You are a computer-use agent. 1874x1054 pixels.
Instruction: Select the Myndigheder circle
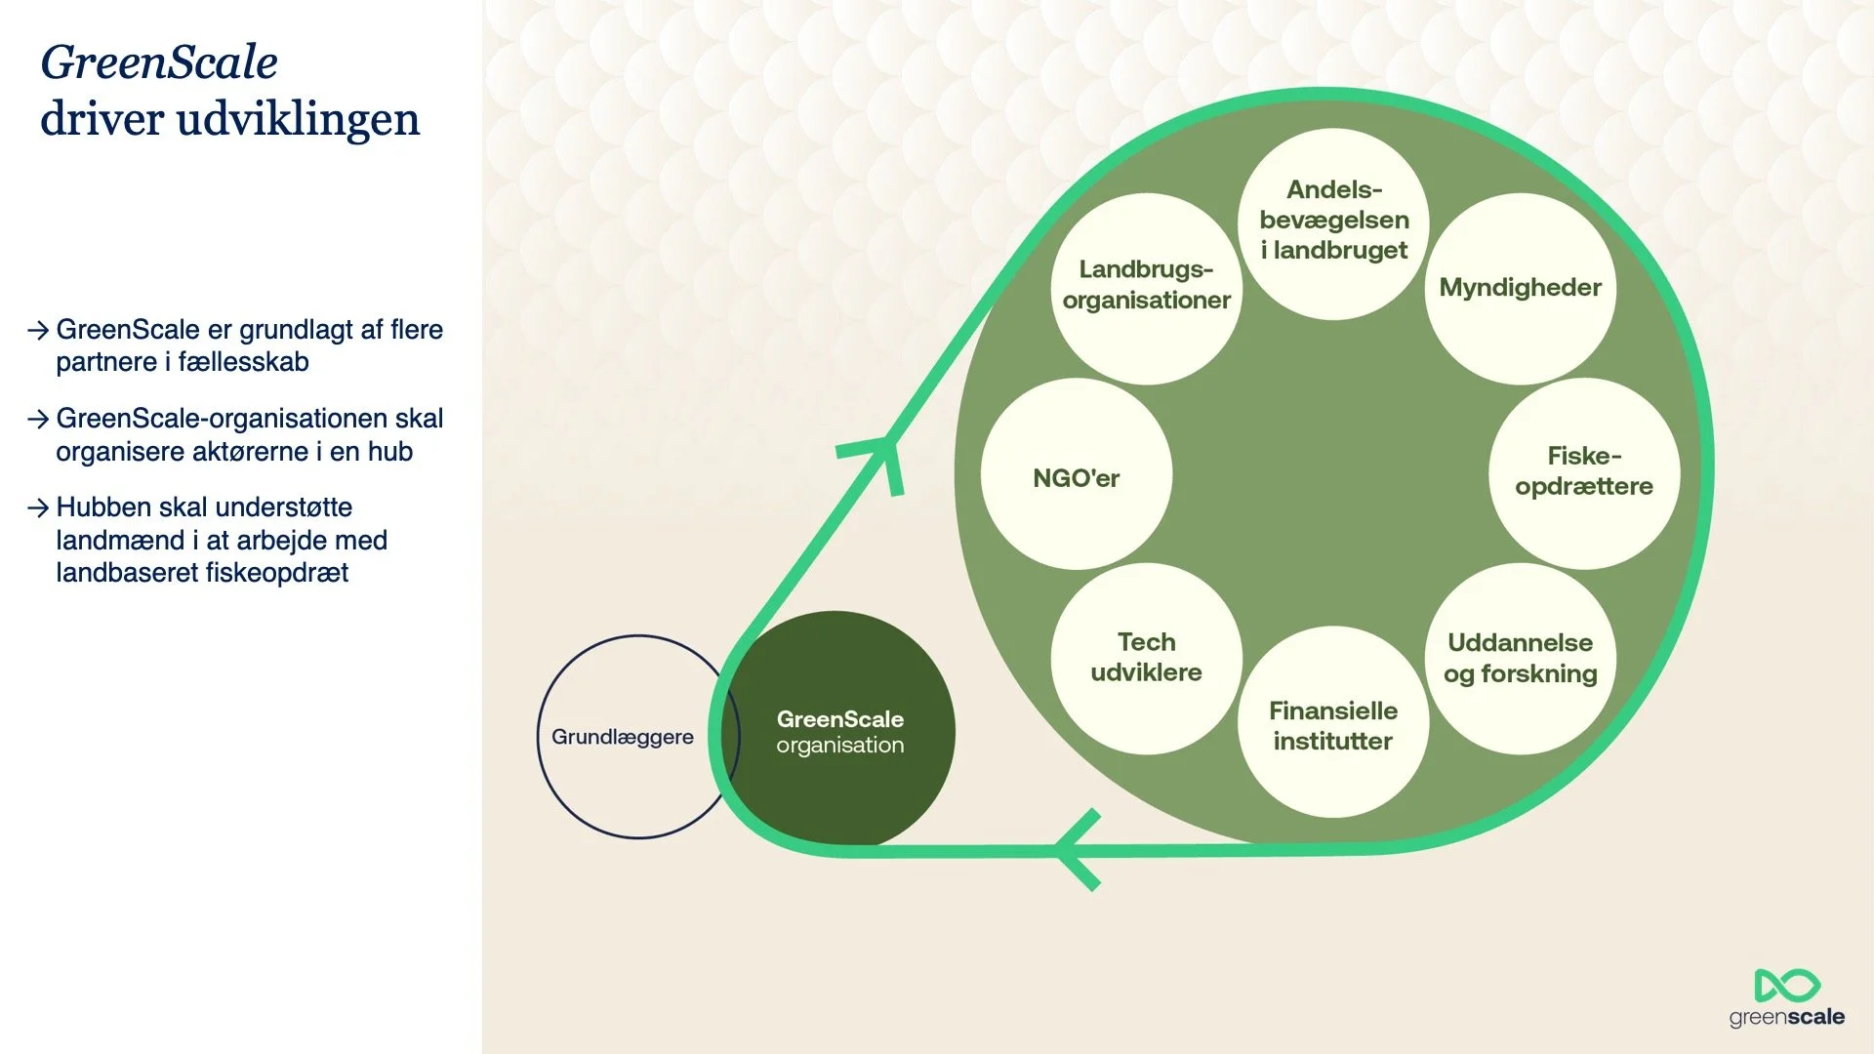(1520, 288)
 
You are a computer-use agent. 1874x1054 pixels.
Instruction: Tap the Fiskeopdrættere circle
(1583, 472)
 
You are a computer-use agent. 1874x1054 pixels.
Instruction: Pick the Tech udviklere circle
(1146, 658)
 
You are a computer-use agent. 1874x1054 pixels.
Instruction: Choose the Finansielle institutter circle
(1333, 722)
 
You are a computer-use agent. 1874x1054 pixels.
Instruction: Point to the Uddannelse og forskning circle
(1520, 659)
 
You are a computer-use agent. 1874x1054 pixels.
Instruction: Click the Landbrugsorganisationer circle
(1146, 287)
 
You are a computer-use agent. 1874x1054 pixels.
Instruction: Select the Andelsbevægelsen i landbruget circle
(1333, 223)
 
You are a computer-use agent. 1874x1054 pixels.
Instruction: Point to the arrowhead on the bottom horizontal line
(1078, 850)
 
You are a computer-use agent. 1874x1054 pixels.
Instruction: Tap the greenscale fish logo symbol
(1786, 986)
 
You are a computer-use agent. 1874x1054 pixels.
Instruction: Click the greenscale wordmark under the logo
(1786, 1017)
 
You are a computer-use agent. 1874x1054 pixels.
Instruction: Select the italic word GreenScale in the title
(159, 62)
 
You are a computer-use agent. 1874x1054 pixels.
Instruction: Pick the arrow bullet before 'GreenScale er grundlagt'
(38, 331)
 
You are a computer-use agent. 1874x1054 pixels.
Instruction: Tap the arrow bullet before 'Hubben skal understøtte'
(38, 508)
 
